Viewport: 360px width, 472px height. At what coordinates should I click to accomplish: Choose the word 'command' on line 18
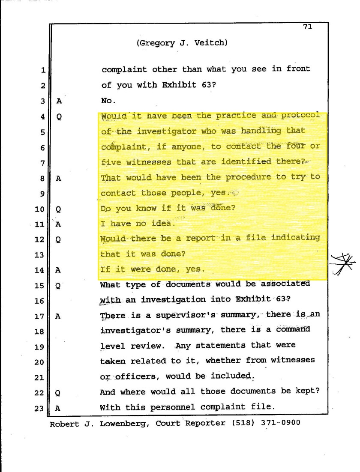[299, 330]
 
